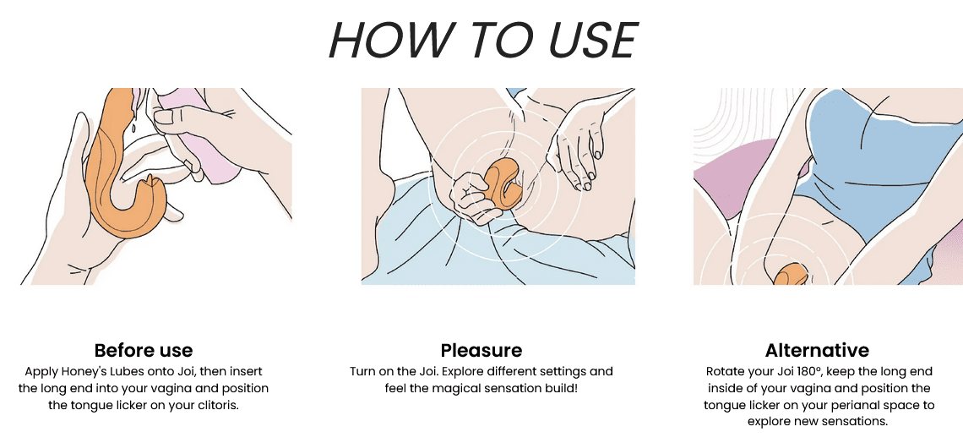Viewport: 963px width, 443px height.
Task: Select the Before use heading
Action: [144, 350]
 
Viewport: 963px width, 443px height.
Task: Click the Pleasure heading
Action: [481, 350]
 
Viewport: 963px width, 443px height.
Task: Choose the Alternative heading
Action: [818, 350]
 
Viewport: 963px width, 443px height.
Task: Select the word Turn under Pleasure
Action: [362, 372]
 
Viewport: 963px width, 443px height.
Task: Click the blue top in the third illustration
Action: [879, 160]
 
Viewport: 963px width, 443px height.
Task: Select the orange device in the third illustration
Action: [791, 275]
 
